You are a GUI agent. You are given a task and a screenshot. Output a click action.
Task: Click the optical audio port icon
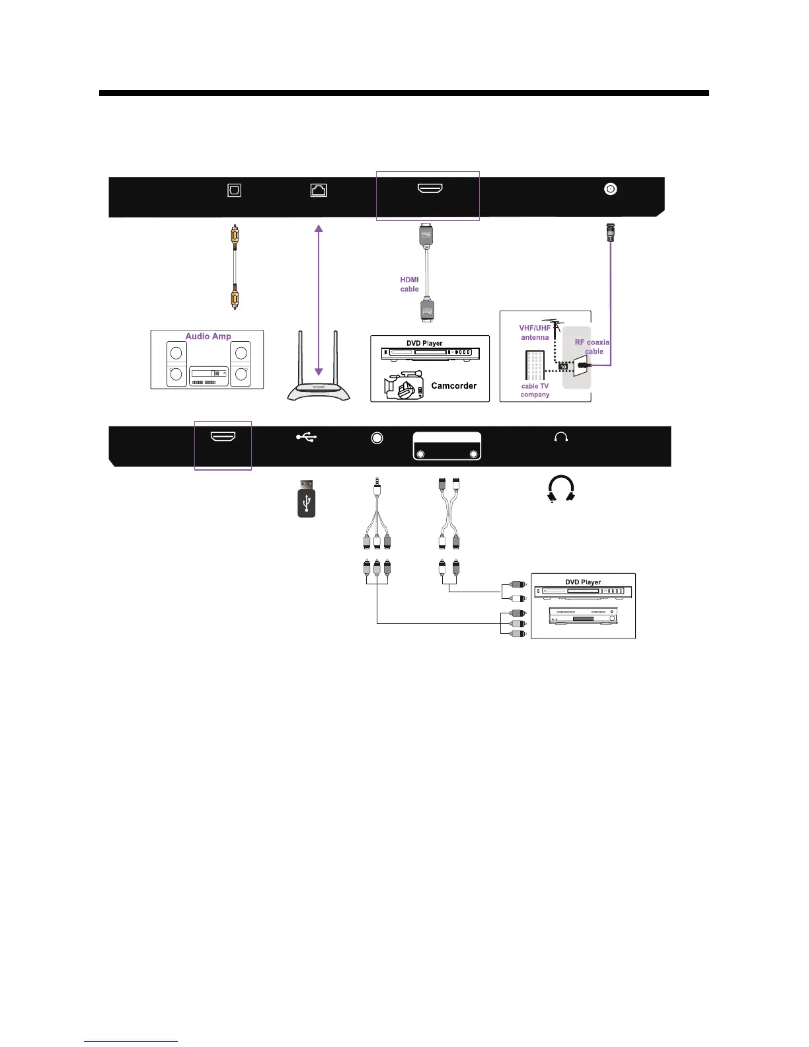click(x=234, y=190)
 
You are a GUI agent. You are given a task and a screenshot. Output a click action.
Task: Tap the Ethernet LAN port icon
click(x=319, y=190)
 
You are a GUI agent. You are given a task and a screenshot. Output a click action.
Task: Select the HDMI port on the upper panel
click(x=430, y=189)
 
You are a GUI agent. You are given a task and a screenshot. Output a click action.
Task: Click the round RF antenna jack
click(x=611, y=189)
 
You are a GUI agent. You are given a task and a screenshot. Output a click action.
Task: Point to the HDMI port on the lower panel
click(x=223, y=437)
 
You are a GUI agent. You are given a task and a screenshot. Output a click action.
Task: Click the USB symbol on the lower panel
click(x=307, y=436)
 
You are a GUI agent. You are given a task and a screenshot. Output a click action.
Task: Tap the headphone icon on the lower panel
click(x=561, y=437)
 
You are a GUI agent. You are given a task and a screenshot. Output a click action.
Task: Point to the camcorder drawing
click(x=404, y=386)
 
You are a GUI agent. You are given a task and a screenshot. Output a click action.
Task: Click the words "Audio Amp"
click(x=208, y=336)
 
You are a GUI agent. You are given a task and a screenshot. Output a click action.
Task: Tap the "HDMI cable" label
click(x=410, y=284)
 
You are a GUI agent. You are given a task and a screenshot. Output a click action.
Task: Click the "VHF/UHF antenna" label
click(x=535, y=332)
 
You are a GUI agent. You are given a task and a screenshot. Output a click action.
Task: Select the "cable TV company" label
click(x=535, y=391)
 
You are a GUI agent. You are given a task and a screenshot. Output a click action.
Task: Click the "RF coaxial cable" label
click(x=593, y=347)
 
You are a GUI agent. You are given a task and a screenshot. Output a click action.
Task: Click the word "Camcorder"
click(x=453, y=386)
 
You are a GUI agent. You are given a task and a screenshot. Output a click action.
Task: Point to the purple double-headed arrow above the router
click(x=319, y=300)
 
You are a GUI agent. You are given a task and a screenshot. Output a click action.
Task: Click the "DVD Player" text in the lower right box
click(x=583, y=582)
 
